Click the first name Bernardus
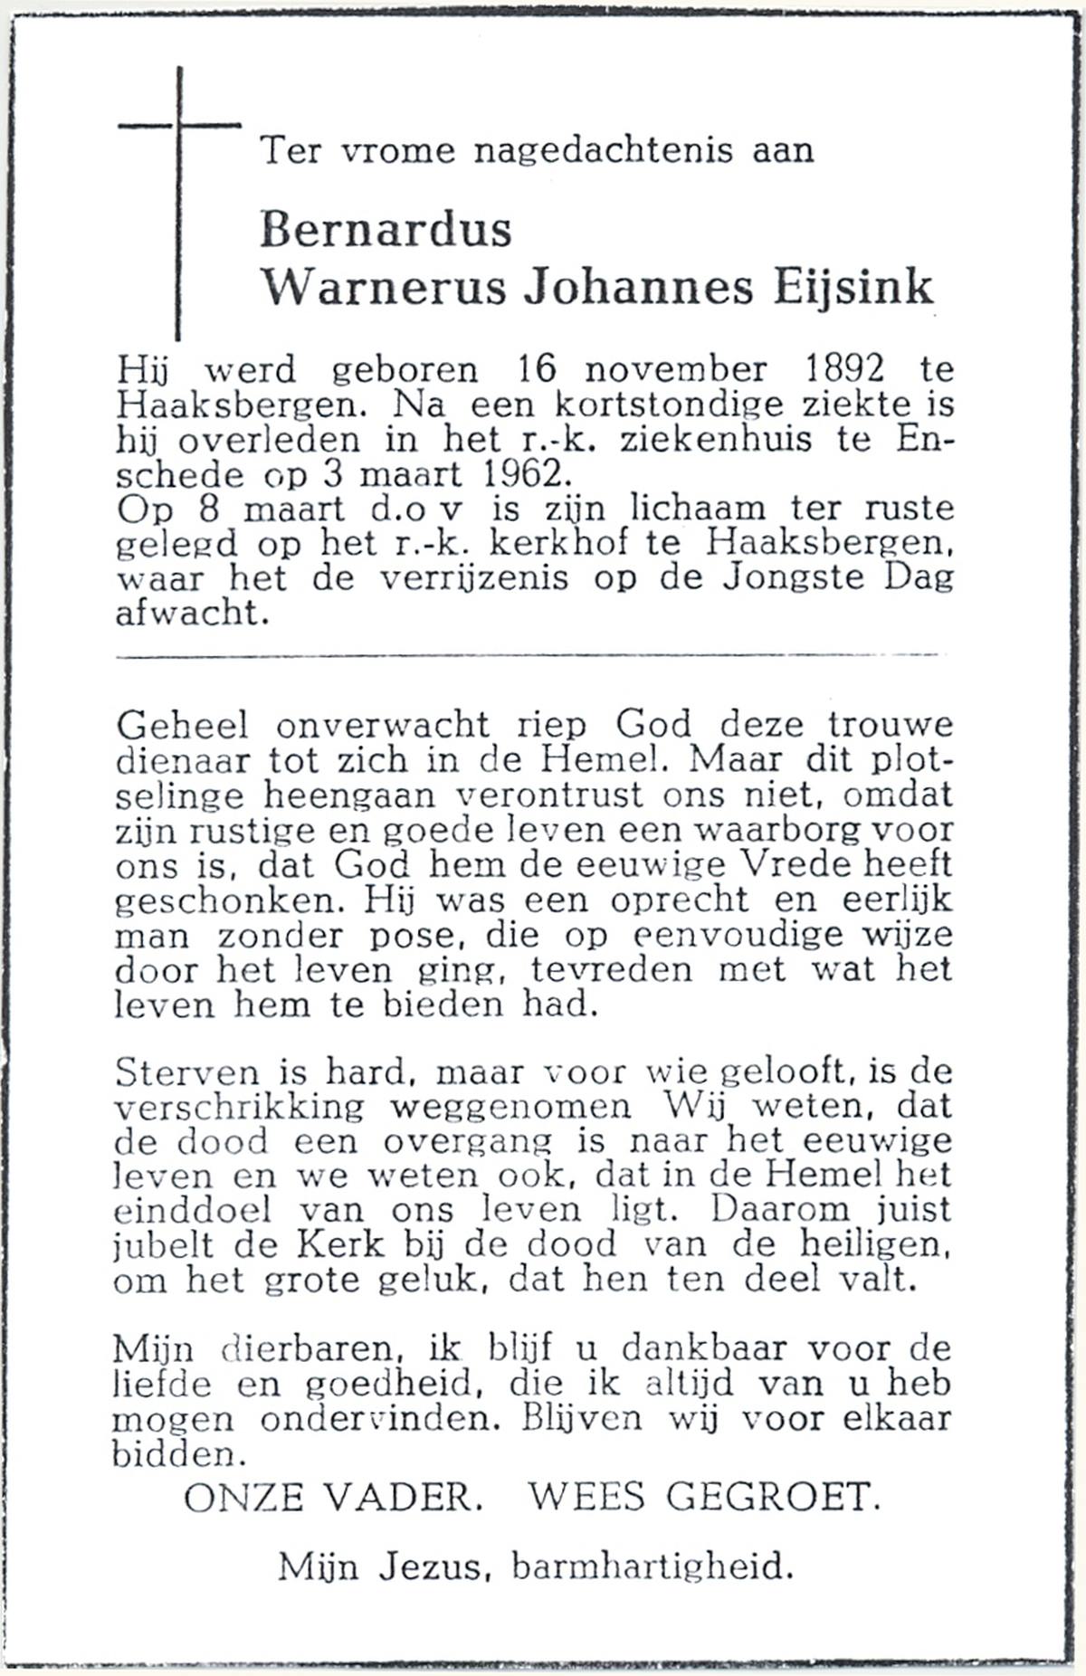pos(386,230)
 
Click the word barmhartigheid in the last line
pos(652,1566)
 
